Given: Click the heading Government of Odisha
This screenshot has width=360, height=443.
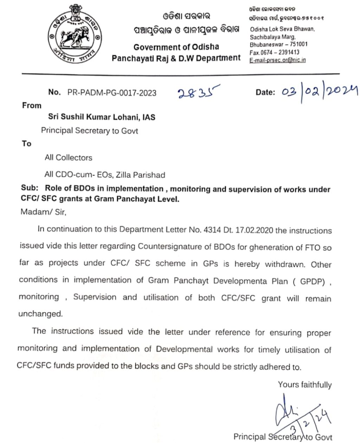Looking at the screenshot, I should coord(176,47).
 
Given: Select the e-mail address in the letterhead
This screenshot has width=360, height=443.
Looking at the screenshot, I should coord(277,60).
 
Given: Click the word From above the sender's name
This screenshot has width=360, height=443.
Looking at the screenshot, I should coord(32,105).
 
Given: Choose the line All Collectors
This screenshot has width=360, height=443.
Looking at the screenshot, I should coord(69,158).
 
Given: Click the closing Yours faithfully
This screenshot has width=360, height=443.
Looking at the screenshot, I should coord(304,385).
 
